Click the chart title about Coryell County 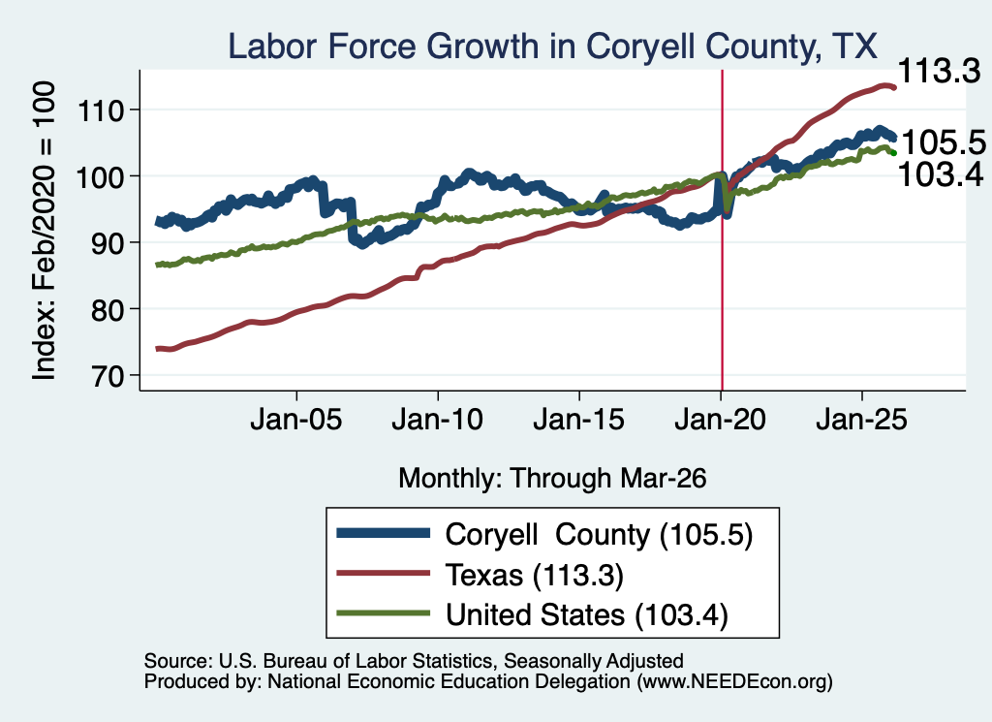point(552,47)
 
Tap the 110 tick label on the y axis point(100,110)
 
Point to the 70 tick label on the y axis point(108,376)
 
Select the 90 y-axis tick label point(108,243)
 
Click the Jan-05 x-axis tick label point(296,420)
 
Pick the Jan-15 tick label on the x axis point(579,420)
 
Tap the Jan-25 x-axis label point(861,420)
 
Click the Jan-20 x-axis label point(721,420)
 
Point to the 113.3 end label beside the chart point(939,71)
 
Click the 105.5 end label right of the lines point(944,142)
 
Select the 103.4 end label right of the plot point(941,174)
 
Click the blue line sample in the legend point(384,533)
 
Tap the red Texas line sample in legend point(384,574)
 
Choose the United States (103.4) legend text point(587,615)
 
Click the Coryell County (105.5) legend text point(599,535)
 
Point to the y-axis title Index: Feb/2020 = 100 point(44,231)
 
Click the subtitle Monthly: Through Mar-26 point(552,479)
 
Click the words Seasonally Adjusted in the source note point(594,661)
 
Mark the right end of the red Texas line point(894,87)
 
